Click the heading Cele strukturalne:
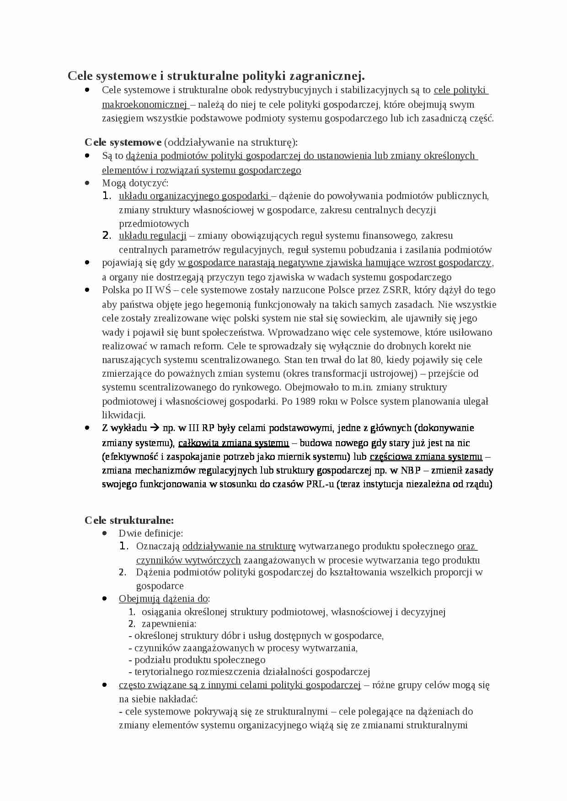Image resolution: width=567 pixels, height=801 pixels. pos(129,520)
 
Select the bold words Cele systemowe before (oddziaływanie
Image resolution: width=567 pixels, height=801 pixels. pos(123,142)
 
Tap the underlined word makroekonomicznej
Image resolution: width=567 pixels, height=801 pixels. pos(144,105)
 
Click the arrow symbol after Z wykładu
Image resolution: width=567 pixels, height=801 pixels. pos(155,428)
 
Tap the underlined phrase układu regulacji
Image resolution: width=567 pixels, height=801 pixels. pos(152,236)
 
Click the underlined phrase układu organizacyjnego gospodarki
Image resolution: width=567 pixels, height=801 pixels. pos(194,196)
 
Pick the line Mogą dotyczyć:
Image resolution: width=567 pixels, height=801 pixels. pos(135,183)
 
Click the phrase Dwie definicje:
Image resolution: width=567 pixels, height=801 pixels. pos(151,533)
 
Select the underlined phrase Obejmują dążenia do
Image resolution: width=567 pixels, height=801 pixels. pos(163,598)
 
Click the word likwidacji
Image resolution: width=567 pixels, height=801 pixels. pos(123,415)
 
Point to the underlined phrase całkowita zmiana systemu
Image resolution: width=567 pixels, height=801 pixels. pos(233,443)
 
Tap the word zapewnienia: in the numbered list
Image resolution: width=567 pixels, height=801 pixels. pos(169,624)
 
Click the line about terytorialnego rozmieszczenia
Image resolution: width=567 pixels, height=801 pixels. pos(249,671)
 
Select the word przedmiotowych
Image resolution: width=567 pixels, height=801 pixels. pos(154,224)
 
